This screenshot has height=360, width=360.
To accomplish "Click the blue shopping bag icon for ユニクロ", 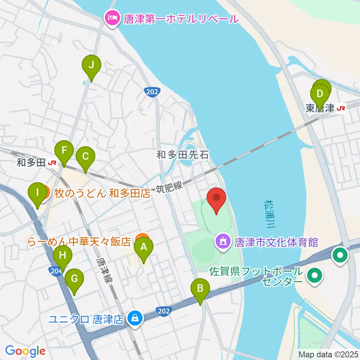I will click(x=134, y=319).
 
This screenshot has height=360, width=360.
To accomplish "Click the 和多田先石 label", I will click(x=182, y=154).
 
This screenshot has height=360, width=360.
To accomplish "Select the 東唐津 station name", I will click(x=319, y=108).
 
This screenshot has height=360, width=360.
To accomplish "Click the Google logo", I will click(x=25, y=351).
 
